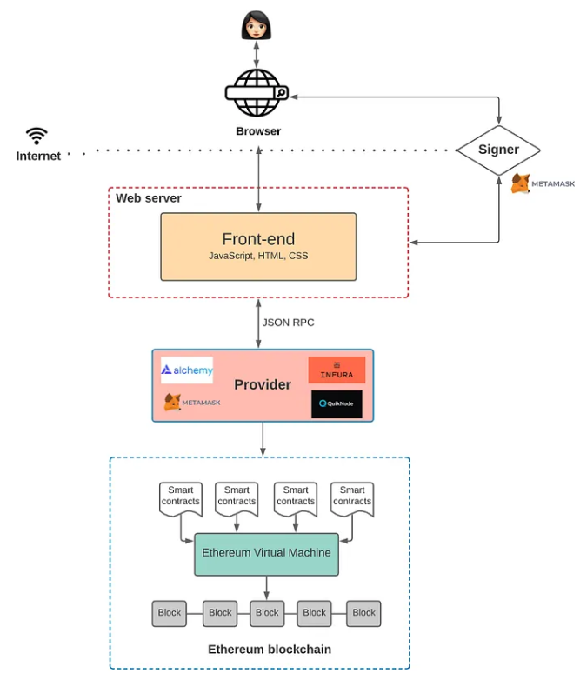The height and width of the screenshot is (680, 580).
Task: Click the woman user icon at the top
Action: pos(257,25)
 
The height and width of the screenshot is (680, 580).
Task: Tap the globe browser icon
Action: pos(257,93)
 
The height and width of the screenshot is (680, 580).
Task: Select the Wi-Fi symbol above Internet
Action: pos(37,136)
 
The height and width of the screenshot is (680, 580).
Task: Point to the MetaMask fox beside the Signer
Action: pos(520,183)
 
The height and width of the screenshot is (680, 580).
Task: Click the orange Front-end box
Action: pos(258,247)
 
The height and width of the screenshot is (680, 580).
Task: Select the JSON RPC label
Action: pos(288,323)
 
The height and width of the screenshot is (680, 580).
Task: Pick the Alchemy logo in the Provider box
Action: pos(187,370)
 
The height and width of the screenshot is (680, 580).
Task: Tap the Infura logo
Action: pos(337,370)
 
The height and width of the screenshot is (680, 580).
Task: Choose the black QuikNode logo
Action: pos(337,403)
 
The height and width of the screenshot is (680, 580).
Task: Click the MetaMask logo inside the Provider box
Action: pos(192,403)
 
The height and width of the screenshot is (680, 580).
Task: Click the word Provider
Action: pos(263,384)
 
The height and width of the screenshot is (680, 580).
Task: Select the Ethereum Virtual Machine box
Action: pos(266,554)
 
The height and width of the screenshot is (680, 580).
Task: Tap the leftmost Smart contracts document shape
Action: pos(181,498)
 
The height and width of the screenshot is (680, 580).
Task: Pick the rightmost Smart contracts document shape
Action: pos(352,498)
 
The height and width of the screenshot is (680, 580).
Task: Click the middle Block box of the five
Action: pos(267,613)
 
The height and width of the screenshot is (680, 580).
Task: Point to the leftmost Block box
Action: pos(170,613)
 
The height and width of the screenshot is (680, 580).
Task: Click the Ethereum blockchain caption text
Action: pos(270,650)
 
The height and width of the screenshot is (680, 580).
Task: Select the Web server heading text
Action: pos(149,198)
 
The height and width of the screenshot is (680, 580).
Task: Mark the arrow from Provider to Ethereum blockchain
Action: pos(263,439)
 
